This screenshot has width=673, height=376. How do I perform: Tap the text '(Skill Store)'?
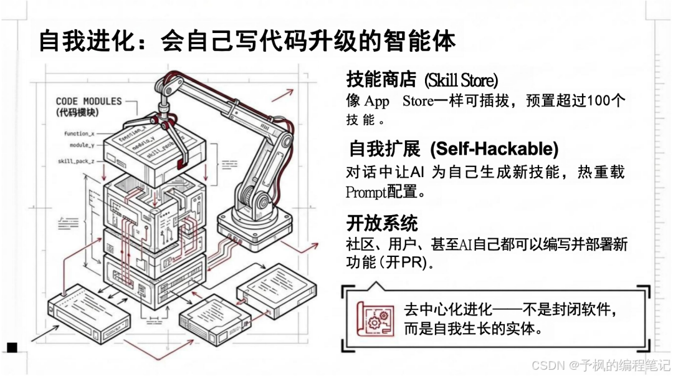pyautogui.click(x=461, y=80)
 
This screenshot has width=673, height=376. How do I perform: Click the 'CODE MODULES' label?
pyautogui.click(x=88, y=101)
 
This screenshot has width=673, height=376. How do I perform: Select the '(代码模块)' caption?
pyautogui.click(x=77, y=112)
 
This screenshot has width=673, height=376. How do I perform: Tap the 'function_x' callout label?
pyautogui.click(x=79, y=133)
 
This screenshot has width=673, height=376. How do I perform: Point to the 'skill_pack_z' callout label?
pyautogui.click(x=77, y=161)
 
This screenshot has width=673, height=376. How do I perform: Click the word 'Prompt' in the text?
pyautogui.click(x=366, y=192)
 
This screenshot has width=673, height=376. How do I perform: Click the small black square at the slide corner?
pyautogui.click(x=12, y=347)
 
